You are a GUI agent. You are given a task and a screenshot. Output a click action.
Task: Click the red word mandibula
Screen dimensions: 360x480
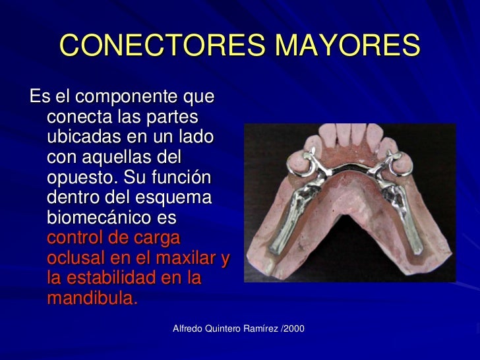91,298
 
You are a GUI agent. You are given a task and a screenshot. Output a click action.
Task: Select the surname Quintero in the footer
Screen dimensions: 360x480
227,328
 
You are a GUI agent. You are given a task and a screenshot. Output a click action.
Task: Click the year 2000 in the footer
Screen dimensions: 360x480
294,328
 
